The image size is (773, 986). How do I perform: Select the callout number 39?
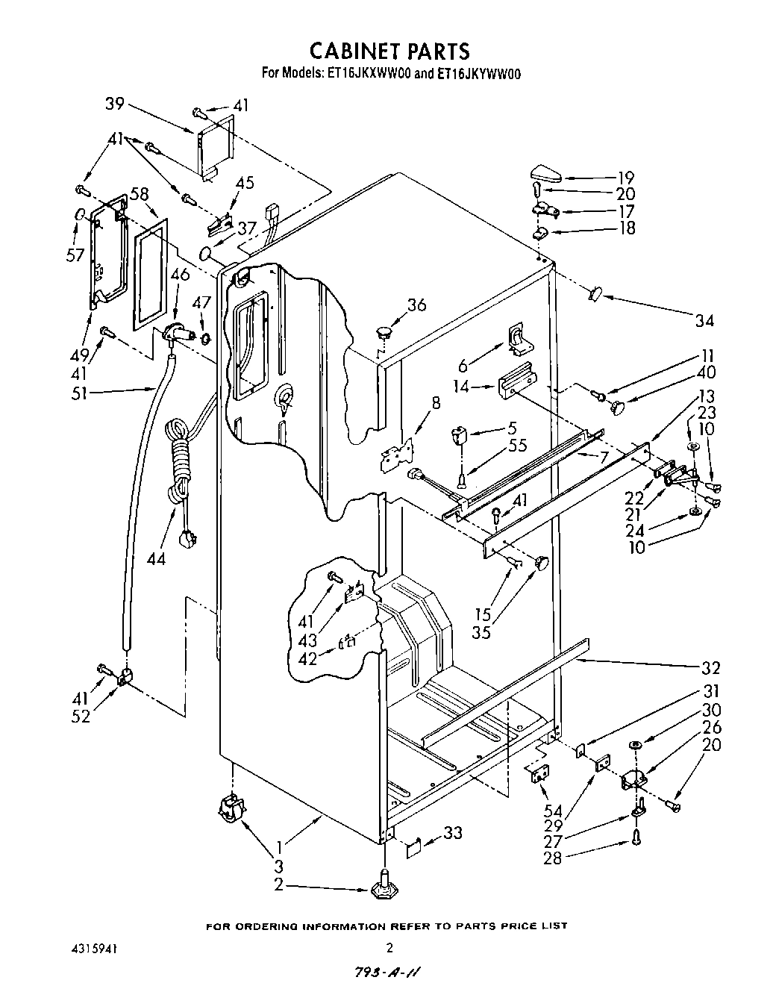click(x=114, y=104)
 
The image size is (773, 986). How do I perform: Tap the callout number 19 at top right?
click(x=625, y=177)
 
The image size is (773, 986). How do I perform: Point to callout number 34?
click(x=704, y=320)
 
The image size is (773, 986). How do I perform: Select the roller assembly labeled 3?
click(x=232, y=808)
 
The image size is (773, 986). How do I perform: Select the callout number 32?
click(x=710, y=667)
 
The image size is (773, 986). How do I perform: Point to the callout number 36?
click(x=416, y=304)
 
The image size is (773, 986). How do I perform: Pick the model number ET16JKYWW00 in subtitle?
click(x=478, y=74)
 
